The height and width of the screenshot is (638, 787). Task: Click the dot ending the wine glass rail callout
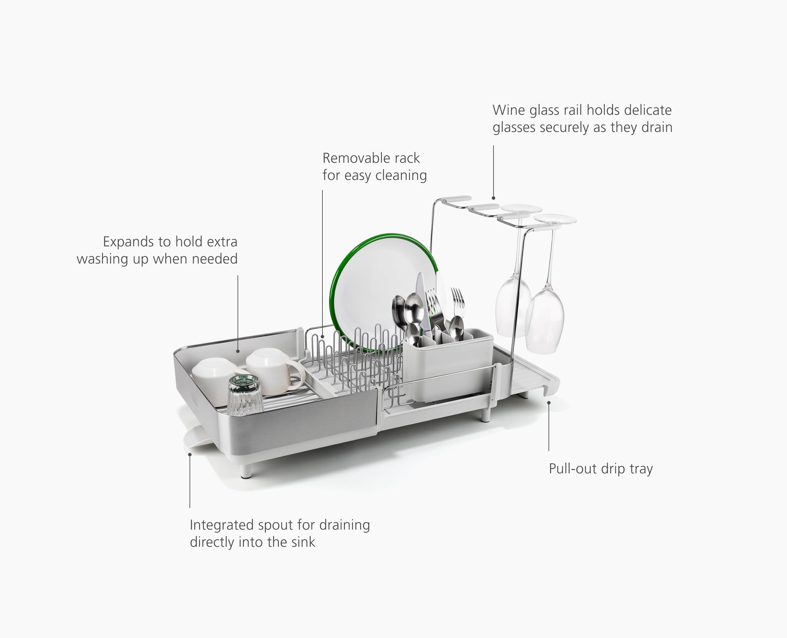(493, 198)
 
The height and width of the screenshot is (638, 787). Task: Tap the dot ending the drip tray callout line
(549, 402)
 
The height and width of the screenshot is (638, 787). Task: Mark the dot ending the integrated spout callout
(190, 454)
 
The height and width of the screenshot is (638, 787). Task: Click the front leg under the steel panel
(246, 471)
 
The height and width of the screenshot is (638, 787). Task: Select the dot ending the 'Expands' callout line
(238, 351)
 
